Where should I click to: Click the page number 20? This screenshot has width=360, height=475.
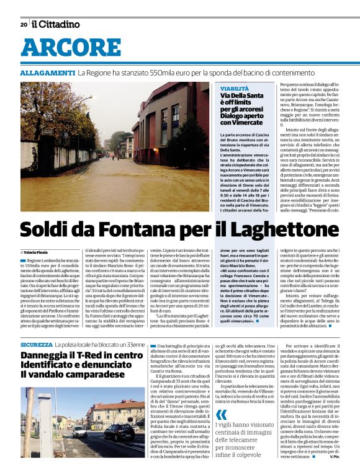(24, 25)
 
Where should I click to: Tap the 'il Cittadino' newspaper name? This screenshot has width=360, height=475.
(56, 24)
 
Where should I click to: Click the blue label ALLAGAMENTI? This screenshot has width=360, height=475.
(48, 73)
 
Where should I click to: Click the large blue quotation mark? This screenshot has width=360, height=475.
(222, 416)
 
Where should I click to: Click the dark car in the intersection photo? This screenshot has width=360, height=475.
(119, 432)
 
